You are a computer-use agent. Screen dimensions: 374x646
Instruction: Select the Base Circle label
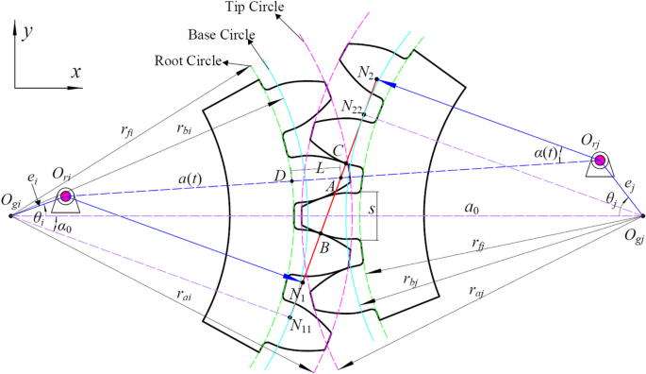coord(224,36)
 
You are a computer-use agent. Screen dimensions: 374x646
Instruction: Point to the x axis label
coord(76,73)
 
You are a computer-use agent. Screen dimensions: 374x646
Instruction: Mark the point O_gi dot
coord(11,215)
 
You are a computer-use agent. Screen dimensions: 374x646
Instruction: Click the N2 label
coord(367,71)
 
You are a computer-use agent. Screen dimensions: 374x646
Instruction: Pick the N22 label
coord(353,106)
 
